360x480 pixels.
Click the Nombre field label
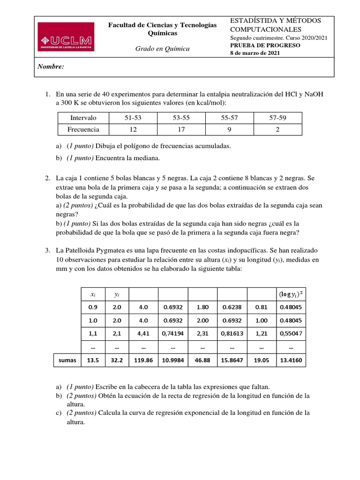click(x=51, y=67)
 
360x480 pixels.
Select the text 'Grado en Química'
click(x=162, y=49)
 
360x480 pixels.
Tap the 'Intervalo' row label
click(x=83, y=118)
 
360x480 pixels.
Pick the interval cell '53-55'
click(x=182, y=118)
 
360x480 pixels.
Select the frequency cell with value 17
click(x=182, y=130)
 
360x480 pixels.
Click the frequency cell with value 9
click(x=230, y=130)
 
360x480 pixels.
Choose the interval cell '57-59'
click(x=277, y=118)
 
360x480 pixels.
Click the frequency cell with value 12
click(x=134, y=130)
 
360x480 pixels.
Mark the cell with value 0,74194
click(x=173, y=334)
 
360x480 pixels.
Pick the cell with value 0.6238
click(x=232, y=307)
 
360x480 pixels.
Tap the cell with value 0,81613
click(x=232, y=334)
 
